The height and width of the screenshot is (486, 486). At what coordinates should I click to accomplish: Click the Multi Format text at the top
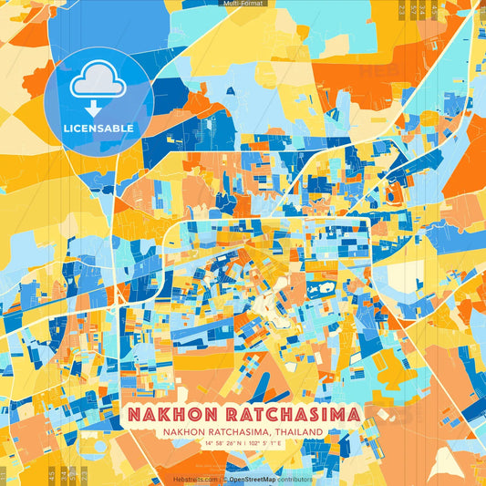coord(242,4)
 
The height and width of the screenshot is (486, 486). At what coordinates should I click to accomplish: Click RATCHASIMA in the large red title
coord(295,414)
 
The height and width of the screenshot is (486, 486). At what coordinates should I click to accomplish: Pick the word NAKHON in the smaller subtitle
coord(188,431)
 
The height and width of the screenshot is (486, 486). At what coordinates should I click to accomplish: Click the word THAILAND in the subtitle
coord(305,431)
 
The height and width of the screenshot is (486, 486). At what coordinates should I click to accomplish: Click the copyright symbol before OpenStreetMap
coord(224,479)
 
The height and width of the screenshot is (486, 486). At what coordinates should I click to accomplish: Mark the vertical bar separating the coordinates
coord(244,443)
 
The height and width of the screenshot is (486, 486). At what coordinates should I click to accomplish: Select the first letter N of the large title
coord(132,414)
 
